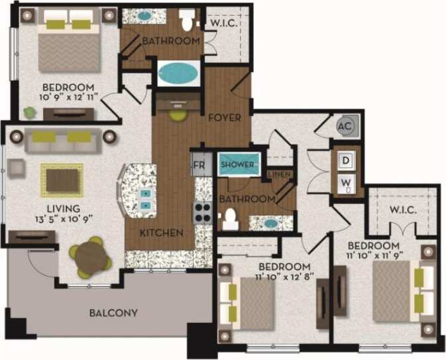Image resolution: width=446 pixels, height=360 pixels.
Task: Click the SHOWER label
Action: tap(237, 164)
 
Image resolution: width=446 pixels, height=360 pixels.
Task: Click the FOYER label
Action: tap(225, 118)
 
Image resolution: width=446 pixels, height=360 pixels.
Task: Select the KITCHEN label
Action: tap(161, 233)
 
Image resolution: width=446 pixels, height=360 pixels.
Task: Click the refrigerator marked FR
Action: tap(198, 164)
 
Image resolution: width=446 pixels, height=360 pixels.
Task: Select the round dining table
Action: tap(89, 257)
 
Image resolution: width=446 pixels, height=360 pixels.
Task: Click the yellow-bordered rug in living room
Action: tap(62, 179)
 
